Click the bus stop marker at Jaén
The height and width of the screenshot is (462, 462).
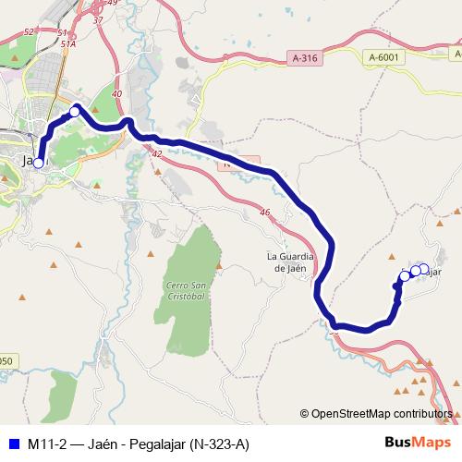(39, 163)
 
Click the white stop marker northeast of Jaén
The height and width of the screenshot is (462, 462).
(75, 112)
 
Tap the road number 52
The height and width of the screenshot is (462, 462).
(29, 31)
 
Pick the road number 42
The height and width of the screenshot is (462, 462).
(156, 153)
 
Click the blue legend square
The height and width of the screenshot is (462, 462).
(12, 444)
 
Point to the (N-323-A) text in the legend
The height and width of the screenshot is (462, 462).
(219, 444)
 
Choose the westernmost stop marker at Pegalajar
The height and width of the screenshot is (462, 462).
(405, 275)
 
